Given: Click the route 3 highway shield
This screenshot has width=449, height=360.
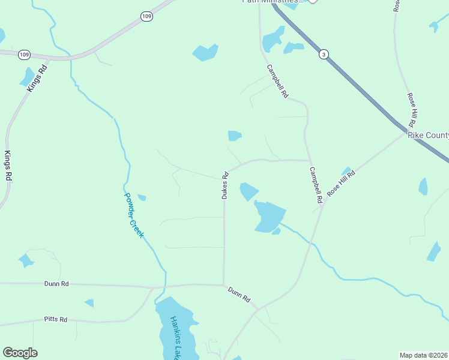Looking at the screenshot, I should coord(324,55).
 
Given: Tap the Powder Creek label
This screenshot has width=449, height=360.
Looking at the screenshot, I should coord(134,214).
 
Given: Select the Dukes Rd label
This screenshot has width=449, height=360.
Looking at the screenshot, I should coord(226,185).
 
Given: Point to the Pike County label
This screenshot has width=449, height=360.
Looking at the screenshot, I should coord(428,135).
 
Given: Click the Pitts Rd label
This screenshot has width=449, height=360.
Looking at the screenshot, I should coord(56,319).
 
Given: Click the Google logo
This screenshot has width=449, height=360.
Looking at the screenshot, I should coord(20,353).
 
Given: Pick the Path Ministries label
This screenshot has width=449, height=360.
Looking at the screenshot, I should coord(270,2).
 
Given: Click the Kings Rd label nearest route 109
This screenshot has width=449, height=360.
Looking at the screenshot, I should coord(37,78).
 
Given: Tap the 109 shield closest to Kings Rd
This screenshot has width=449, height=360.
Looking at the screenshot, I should coord(24,55).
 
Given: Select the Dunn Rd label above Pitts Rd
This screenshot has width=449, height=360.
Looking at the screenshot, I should coord(56,283).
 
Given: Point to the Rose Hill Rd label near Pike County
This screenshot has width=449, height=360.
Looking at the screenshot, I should coord(412,109).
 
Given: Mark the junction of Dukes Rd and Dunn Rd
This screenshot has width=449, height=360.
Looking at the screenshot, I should coord(224,285).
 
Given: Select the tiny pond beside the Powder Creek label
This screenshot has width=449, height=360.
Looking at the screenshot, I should coord(142,197).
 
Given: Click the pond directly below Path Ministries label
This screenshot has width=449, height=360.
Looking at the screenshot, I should coord(273,40).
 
